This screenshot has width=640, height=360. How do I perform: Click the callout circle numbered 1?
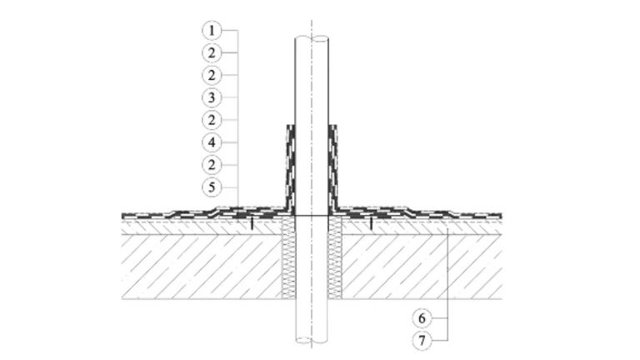pos(212,30)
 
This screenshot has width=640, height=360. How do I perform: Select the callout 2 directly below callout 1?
pos(212,52)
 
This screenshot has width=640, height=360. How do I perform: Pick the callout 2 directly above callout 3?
pos(212,75)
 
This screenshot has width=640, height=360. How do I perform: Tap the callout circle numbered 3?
pos(212,97)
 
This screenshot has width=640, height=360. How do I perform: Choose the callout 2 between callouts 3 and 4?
pos(212,120)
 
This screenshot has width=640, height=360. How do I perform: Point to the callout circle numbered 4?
pos(212,142)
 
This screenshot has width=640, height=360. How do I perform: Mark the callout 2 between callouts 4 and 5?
pos(212,165)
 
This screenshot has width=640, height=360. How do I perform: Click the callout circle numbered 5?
pos(212,187)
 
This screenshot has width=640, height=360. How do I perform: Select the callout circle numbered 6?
pos(422,318)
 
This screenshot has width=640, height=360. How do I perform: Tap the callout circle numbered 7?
pos(422,340)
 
